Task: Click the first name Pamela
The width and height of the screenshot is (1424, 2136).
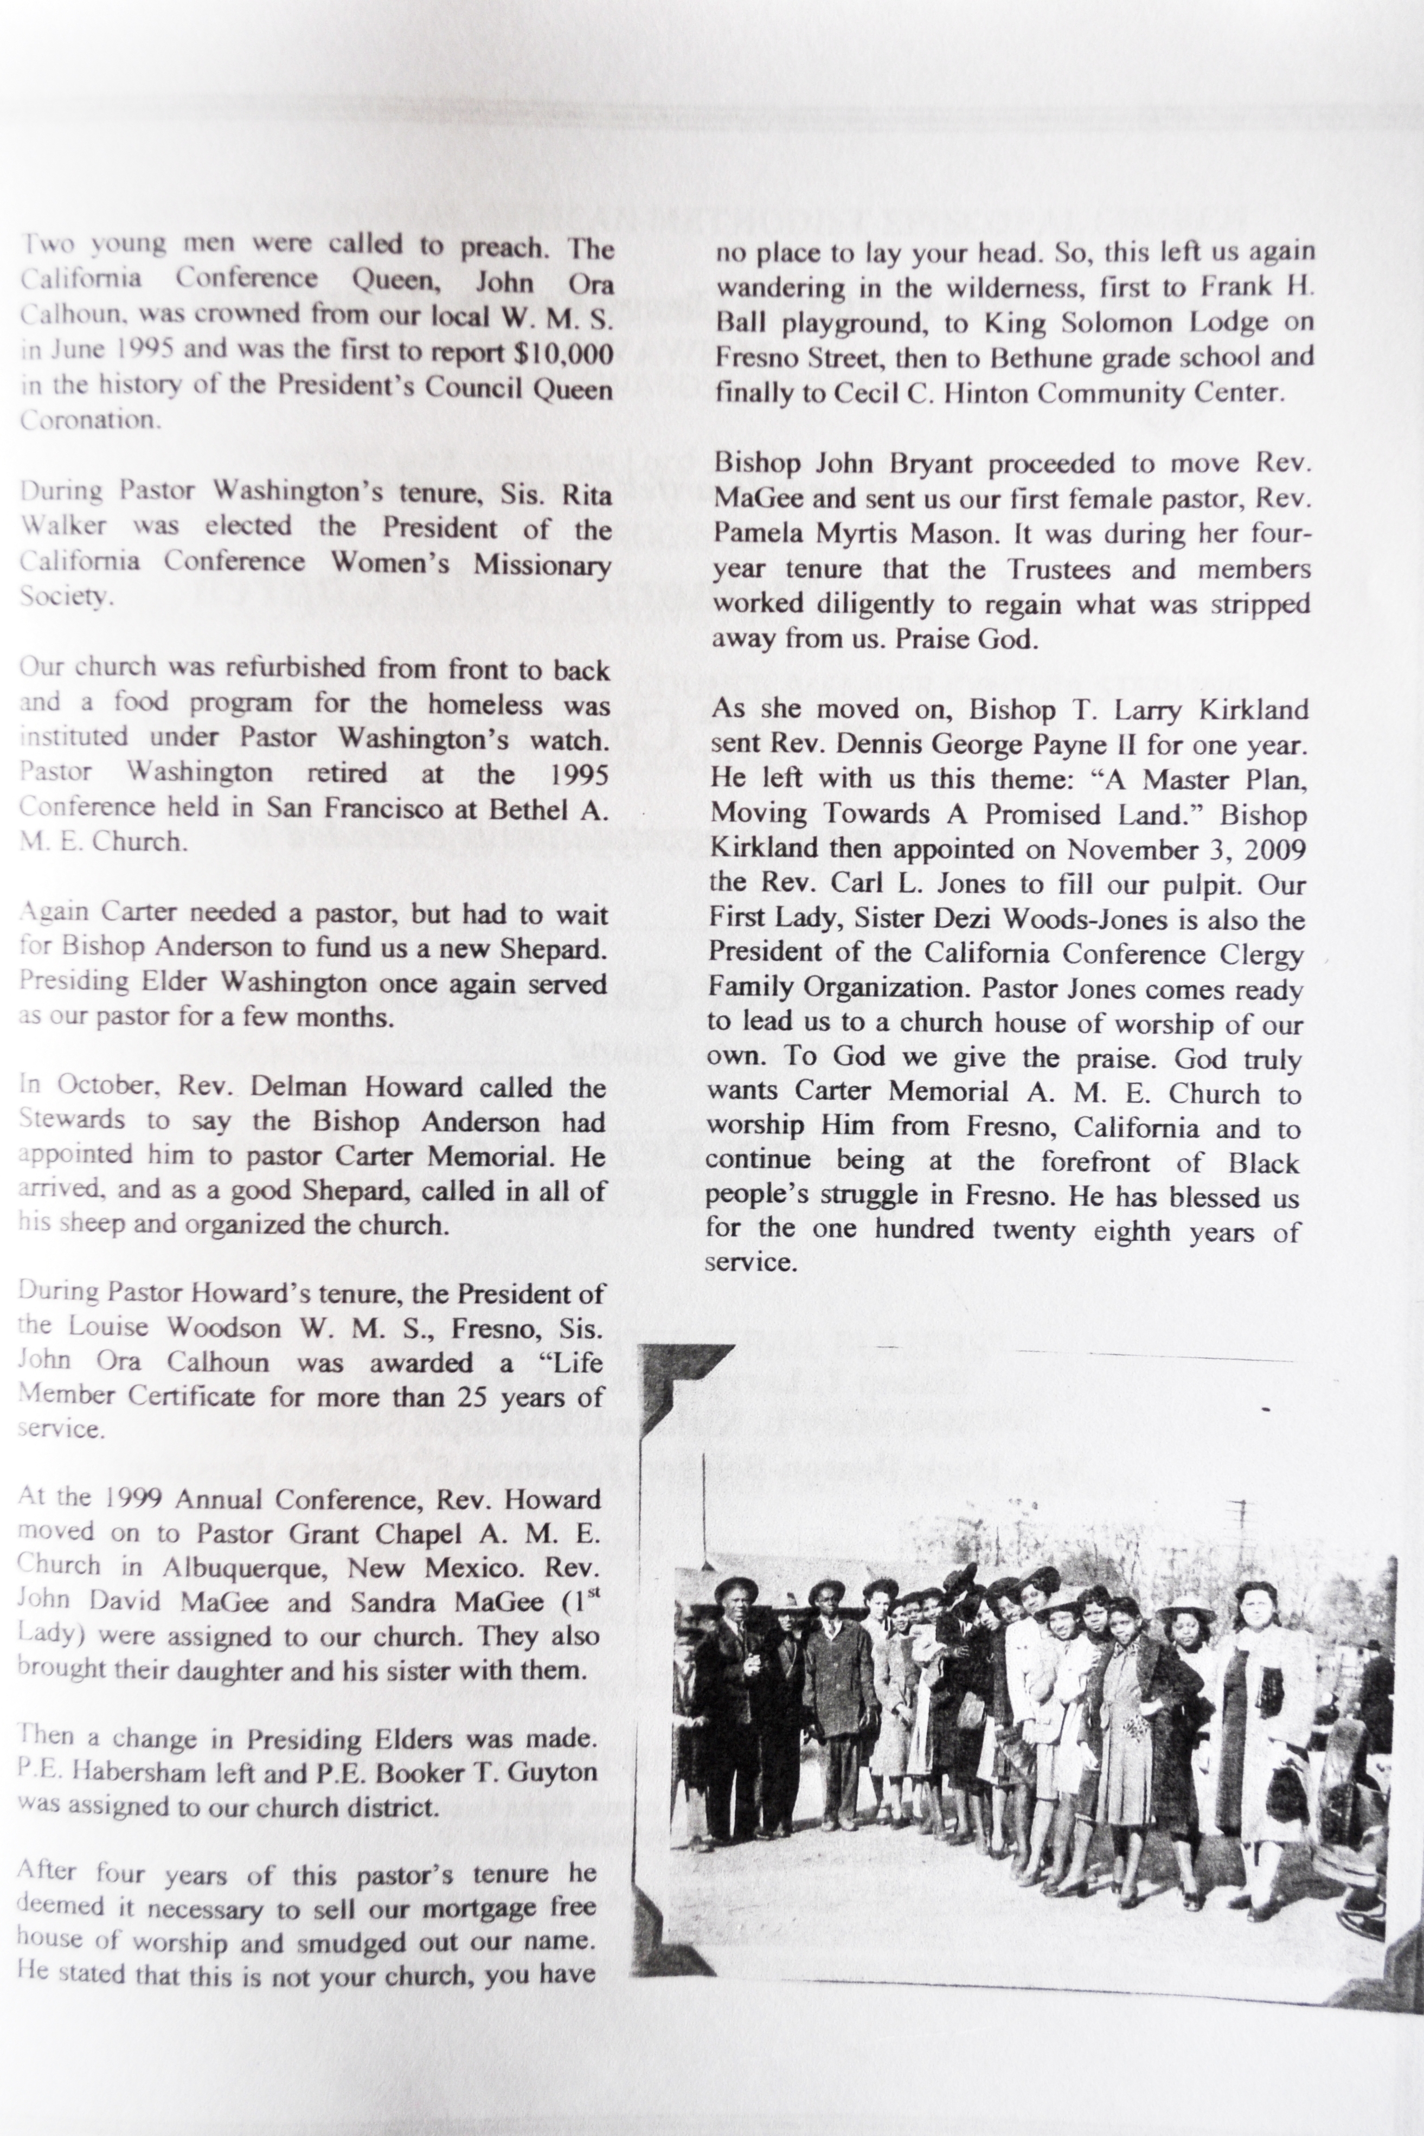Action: [x=755, y=534]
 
